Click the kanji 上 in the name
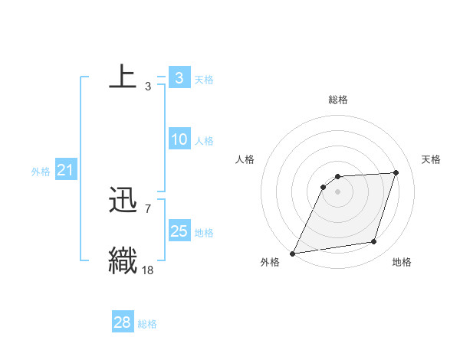pyautogui.click(x=123, y=78)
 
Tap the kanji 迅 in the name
pyautogui.click(x=123, y=201)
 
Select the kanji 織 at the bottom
pyautogui.click(x=123, y=260)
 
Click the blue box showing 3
pyautogui.click(x=179, y=78)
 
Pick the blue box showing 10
pyautogui.click(x=179, y=139)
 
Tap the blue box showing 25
pyautogui.click(x=179, y=231)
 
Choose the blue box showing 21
pyautogui.click(x=65, y=170)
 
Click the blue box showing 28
pyautogui.click(x=122, y=322)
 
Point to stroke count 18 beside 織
pyautogui.click(x=148, y=269)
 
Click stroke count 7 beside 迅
pyautogui.click(x=148, y=208)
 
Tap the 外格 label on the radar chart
pyautogui.click(x=269, y=263)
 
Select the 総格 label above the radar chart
pyautogui.click(x=337, y=100)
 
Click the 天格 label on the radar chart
pyautogui.click(x=431, y=159)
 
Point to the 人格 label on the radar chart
pyautogui.click(x=245, y=159)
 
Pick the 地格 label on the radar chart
pyautogui.click(x=402, y=263)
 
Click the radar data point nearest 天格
pyautogui.click(x=396, y=172)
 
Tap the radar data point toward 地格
pyautogui.click(x=374, y=242)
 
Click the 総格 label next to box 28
pyautogui.click(x=147, y=324)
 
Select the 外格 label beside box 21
pyautogui.click(x=41, y=172)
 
